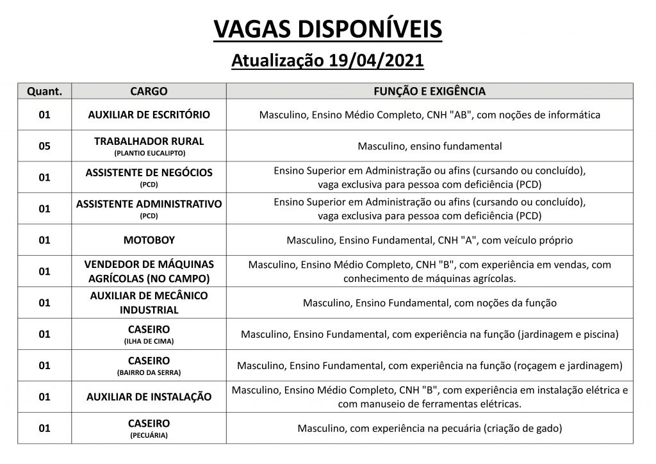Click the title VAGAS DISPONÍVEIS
point(327,29)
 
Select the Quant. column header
point(44,91)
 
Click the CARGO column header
point(149,91)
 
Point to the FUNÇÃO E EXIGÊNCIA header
point(429,91)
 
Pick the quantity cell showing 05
point(44,146)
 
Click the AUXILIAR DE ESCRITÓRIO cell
point(149,115)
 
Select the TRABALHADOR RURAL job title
point(149,141)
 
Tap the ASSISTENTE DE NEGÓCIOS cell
point(149,172)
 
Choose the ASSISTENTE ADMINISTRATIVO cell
point(149,204)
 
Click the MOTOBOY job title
point(149,240)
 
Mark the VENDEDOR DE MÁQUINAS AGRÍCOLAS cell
point(149,271)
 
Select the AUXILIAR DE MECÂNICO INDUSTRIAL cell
point(149,302)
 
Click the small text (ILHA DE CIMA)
point(149,342)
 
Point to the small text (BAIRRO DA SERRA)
point(149,372)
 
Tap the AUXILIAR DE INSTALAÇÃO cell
point(149,397)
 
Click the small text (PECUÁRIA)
point(149,435)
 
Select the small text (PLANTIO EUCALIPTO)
point(149,153)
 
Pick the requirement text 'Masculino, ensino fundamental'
point(429,146)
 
